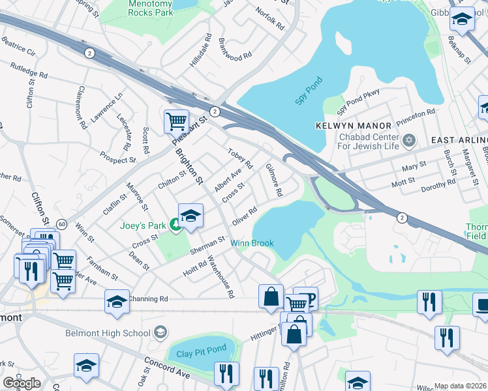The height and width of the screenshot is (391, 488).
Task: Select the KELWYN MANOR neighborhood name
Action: pyautogui.click(x=353, y=125)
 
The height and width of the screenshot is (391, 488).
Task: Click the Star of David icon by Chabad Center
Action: pyautogui.click(x=410, y=140)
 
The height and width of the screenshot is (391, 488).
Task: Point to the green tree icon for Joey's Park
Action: pyautogui.click(x=175, y=225)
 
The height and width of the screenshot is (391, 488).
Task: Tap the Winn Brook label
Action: pyautogui.click(x=252, y=244)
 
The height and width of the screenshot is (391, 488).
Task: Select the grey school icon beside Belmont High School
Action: pyautogui.click(x=160, y=333)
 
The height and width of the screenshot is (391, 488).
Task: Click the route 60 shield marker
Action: pyautogui.click(x=61, y=224)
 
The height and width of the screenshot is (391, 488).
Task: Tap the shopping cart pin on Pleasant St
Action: pyautogui.click(x=176, y=121)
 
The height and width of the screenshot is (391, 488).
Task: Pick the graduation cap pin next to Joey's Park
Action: pyautogui.click(x=190, y=216)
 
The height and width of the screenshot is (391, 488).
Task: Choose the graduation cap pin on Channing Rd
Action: pyautogui.click(x=117, y=302)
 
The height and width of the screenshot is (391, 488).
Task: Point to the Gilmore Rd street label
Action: pyautogui.click(x=274, y=181)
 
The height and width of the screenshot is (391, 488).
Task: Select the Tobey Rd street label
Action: pyautogui.click(x=239, y=157)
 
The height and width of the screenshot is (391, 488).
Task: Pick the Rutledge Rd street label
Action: pyautogui.click(x=29, y=70)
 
